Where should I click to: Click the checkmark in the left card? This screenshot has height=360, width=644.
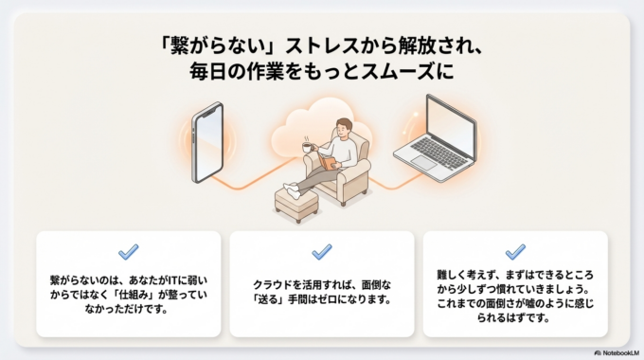[x=128, y=252]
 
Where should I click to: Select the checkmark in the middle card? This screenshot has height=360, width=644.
[x=321, y=252]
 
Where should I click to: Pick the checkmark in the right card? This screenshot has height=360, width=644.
[x=515, y=252]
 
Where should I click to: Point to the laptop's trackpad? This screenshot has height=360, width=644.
[x=423, y=163]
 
